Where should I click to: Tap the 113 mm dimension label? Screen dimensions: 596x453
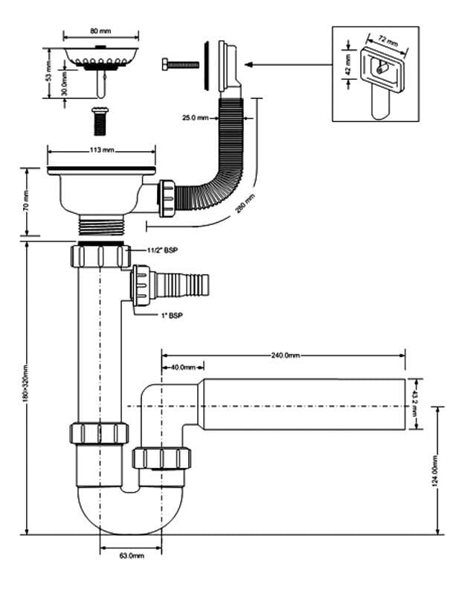tap(102, 150)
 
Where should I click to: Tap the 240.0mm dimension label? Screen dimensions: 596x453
tap(286, 355)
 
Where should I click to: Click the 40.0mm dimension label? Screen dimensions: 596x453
tap(182, 367)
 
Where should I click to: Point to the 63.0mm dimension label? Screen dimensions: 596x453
tap(131, 555)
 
